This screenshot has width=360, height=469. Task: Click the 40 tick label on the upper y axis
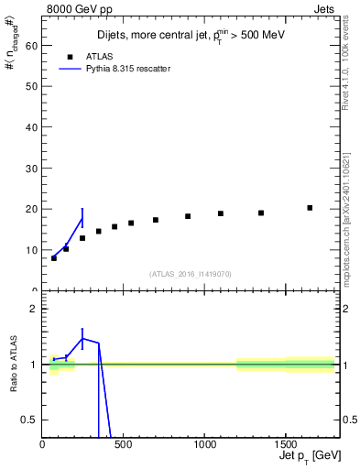point(31,127)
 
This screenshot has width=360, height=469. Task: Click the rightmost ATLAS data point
point(310,208)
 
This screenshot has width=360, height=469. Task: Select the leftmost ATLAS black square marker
point(54,258)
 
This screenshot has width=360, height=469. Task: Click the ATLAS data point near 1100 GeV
point(221,213)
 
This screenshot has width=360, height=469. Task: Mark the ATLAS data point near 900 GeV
point(188,216)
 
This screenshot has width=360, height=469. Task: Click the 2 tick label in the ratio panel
point(34,309)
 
